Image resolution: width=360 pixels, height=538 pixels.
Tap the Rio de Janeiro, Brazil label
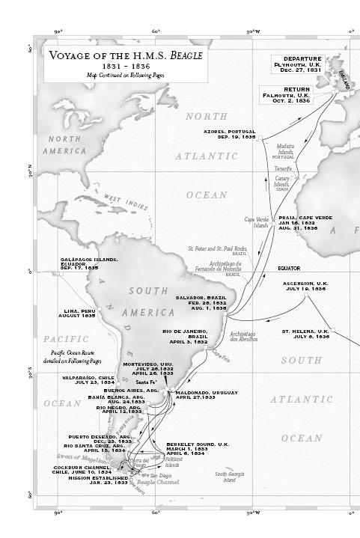(x=186, y=336)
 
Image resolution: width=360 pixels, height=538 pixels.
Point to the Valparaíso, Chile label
(x=88, y=381)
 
